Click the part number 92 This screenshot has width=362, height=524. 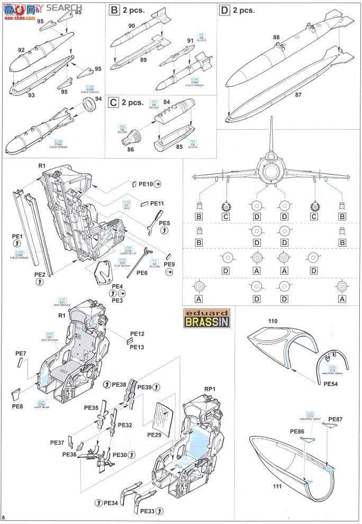(21, 50)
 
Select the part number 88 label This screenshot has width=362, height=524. (276, 37)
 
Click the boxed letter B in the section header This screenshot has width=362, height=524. (113, 10)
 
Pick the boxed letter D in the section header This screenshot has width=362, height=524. (224, 10)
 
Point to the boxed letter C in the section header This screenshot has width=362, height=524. (113, 103)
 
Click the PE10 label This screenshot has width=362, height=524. (146, 184)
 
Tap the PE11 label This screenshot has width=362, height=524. (157, 203)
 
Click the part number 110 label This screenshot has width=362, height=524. (258, 321)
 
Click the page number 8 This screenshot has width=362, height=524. (4, 517)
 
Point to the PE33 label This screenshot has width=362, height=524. (149, 511)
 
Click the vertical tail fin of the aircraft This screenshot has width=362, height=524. (271, 132)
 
